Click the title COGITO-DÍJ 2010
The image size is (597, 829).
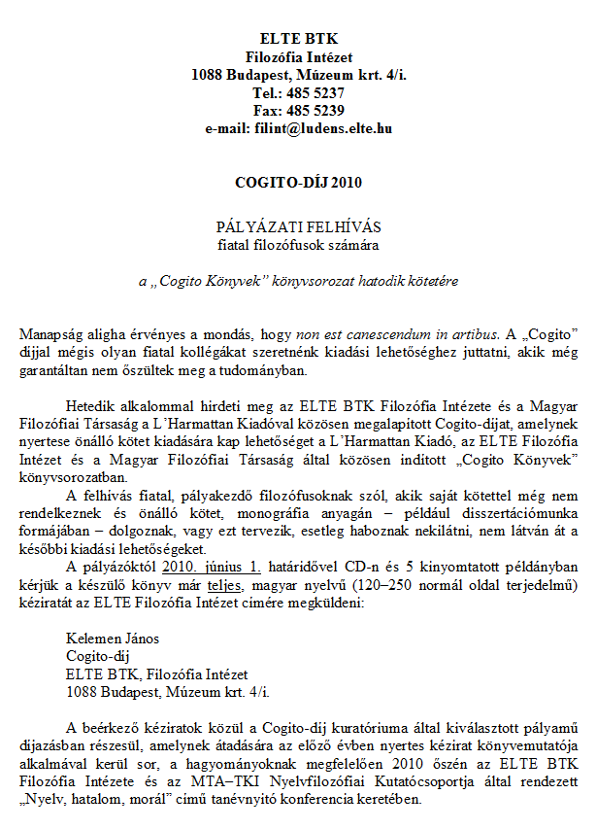coord(298,182)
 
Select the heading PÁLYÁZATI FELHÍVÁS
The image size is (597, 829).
coord(298,225)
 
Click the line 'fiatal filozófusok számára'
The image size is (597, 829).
coord(298,243)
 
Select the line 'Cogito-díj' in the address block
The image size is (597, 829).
coord(94,656)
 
